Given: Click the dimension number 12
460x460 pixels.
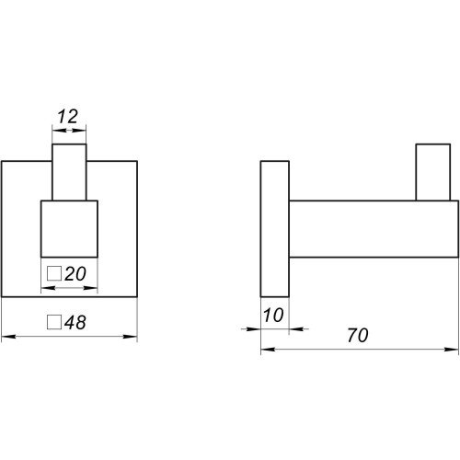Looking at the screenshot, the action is pos(68,117).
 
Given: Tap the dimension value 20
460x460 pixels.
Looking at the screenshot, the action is pos(75,274).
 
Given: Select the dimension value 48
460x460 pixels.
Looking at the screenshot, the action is pos(75,322).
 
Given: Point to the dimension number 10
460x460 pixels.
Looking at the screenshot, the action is pos(273,316).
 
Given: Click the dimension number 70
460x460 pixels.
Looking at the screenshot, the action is pos(358,336).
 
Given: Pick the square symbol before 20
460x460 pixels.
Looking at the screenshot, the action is pos(54,274).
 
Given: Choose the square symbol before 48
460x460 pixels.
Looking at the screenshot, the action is pos(54,322).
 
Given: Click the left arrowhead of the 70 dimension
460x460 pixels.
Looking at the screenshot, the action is pos(268,350).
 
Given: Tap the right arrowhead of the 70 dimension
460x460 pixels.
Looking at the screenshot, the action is pos(452,350).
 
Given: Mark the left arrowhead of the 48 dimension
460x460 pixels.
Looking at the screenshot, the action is pos(8,337).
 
